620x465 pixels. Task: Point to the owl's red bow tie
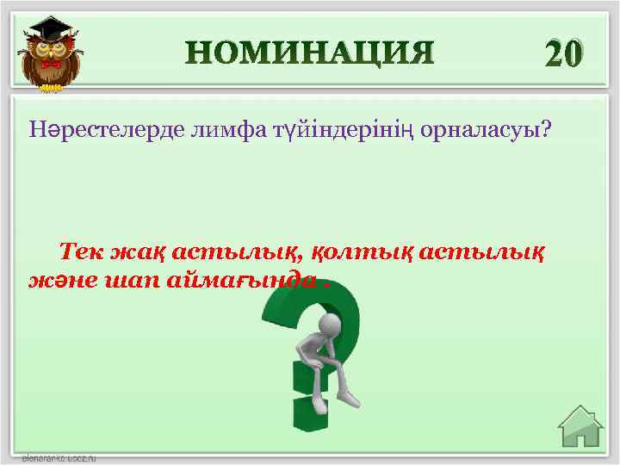click(x=53, y=64)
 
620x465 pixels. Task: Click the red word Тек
click(x=86, y=252)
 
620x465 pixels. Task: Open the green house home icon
click(x=580, y=428)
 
